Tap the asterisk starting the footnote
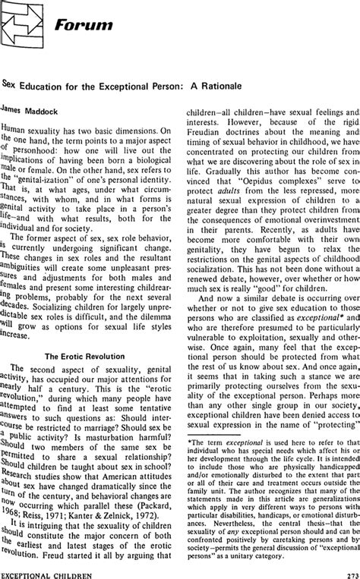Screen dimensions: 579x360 189,441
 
